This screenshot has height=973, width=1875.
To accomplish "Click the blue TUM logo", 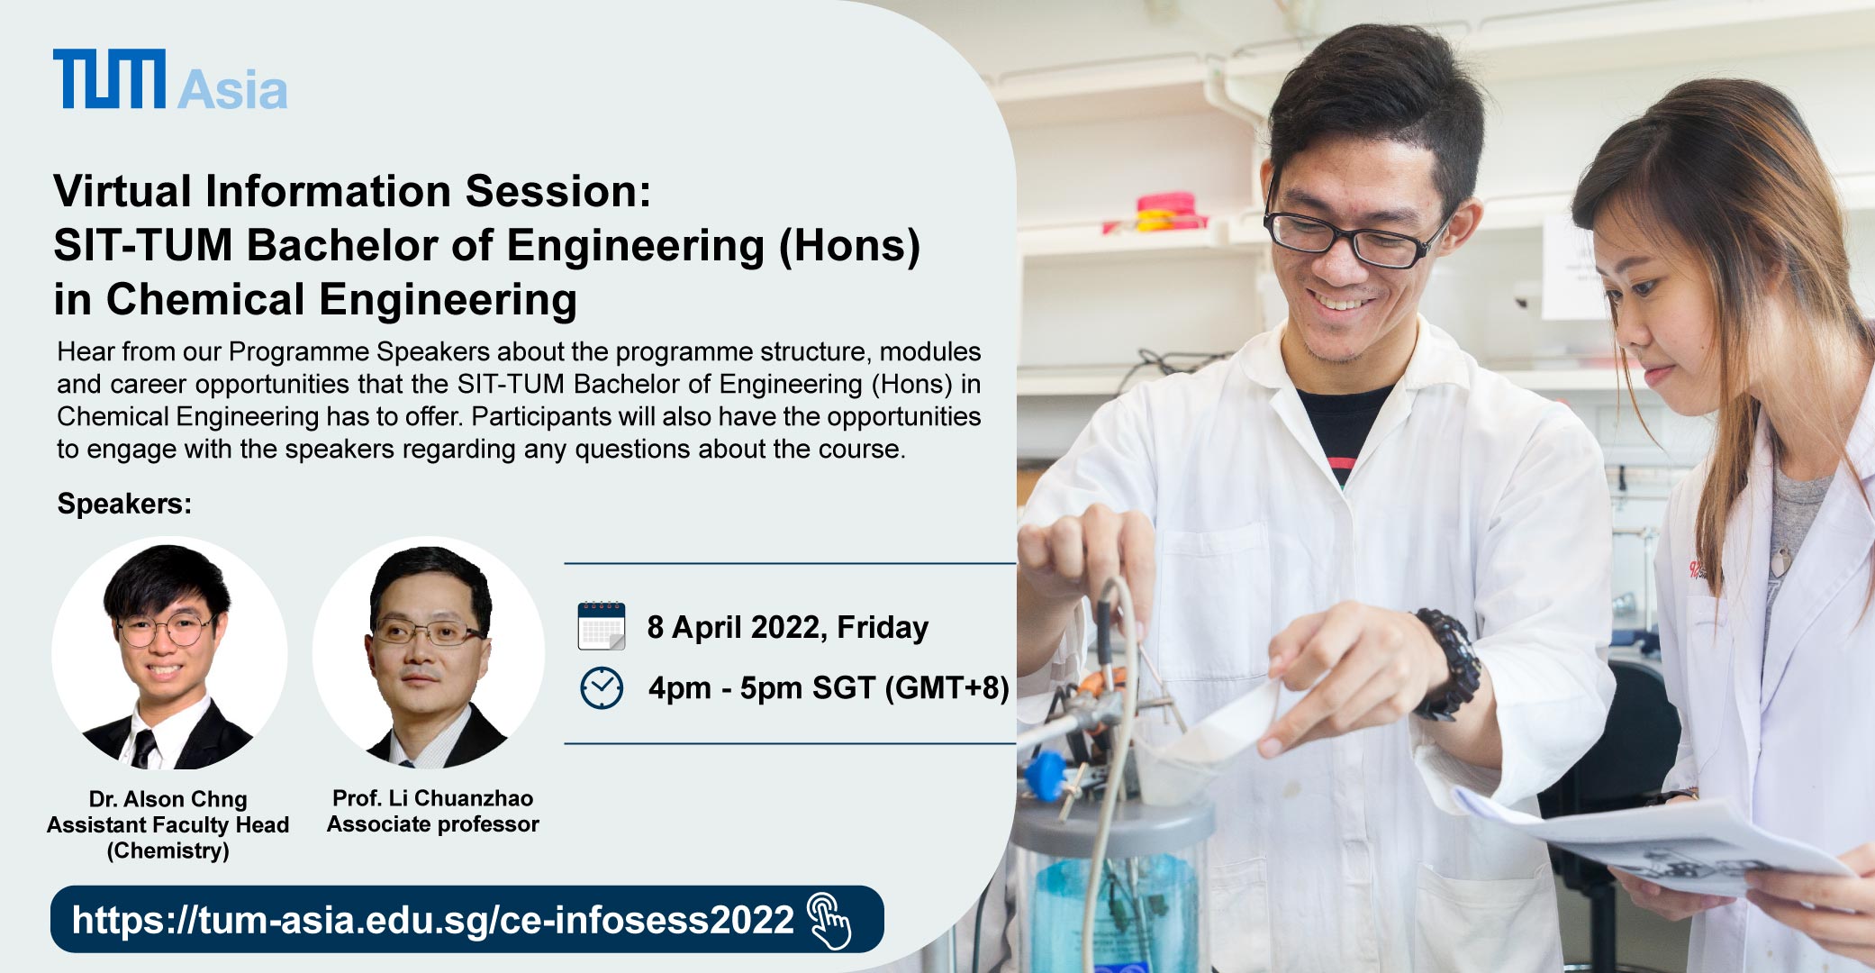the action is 109,78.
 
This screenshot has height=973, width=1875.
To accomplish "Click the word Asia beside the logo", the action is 232,90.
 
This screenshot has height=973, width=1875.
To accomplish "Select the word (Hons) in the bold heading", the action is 849,246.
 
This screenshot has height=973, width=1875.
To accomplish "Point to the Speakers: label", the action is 124,504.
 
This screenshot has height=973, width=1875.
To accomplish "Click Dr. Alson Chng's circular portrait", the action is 169,653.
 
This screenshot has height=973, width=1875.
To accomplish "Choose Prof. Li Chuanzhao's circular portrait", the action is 429,653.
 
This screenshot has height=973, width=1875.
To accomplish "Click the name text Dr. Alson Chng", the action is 168,799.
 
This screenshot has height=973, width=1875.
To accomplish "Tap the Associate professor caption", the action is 433,824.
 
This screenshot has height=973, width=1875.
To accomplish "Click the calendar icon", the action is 602,626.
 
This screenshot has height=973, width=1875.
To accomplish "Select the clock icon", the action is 602,688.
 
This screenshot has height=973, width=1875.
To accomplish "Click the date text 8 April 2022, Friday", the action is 788,627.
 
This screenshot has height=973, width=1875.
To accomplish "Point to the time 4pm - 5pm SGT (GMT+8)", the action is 829,688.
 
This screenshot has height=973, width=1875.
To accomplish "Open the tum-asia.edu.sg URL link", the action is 433,920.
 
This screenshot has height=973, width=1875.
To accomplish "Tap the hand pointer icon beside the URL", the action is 829,921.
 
